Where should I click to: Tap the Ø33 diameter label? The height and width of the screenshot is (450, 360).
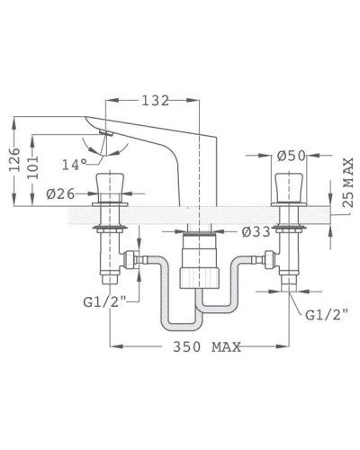tap(256, 231)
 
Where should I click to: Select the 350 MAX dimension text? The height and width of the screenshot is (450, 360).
tap(201, 347)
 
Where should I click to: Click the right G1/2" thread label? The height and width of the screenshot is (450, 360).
tap(326, 315)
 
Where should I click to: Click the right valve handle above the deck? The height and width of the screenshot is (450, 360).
tap(289, 189)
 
